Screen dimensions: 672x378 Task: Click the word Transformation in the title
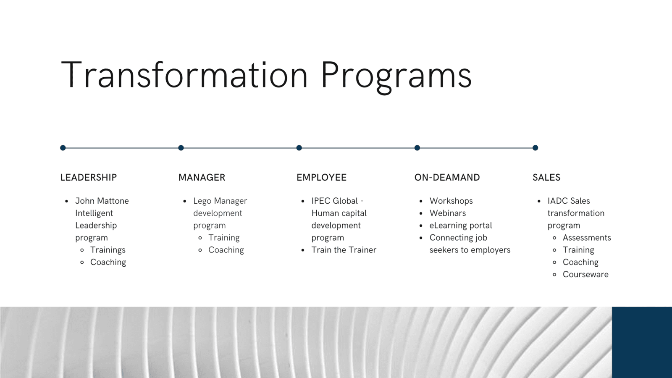pyautogui.click(x=184, y=75)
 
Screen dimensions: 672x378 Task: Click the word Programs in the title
pyautogui.click(x=396, y=77)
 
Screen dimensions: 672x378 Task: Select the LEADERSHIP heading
pyautogui.click(x=89, y=177)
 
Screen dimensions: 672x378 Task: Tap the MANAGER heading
pyautogui.click(x=202, y=177)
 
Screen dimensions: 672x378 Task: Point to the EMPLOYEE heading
pyautogui.click(x=321, y=177)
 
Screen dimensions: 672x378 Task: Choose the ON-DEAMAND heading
pyautogui.click(x=447, y=177)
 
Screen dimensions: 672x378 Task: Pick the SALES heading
pyautogui.click(x=546, y=177)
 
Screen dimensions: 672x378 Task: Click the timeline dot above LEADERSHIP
pyautogui.click(x=63, y=147)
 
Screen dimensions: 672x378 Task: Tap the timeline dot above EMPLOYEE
pyautogui.click(x=299, y=147)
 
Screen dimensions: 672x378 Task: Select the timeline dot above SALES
pyautogui.click(x=535, y=147)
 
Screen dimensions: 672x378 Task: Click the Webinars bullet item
pyautogui.click(x=448, y=213)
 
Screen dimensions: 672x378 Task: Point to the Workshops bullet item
pyautogui.click(x=451, y=201)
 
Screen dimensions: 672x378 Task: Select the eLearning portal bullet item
pyautogui.click(x=460, y=225)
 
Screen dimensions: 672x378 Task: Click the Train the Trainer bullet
pyautogui.click(x=344, y=250)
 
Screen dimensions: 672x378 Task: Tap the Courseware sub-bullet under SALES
pyautogui.click(x=585, y=275)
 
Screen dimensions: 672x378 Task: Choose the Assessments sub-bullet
pyautogui.click(x=587, y=238)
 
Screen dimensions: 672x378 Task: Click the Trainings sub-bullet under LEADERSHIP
pyautogui.click(x=108, y=250)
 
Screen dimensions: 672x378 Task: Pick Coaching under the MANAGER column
pyautogui.click(x=226, y=250)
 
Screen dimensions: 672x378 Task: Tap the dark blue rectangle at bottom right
pyautogui.click(x=642, y=342)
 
